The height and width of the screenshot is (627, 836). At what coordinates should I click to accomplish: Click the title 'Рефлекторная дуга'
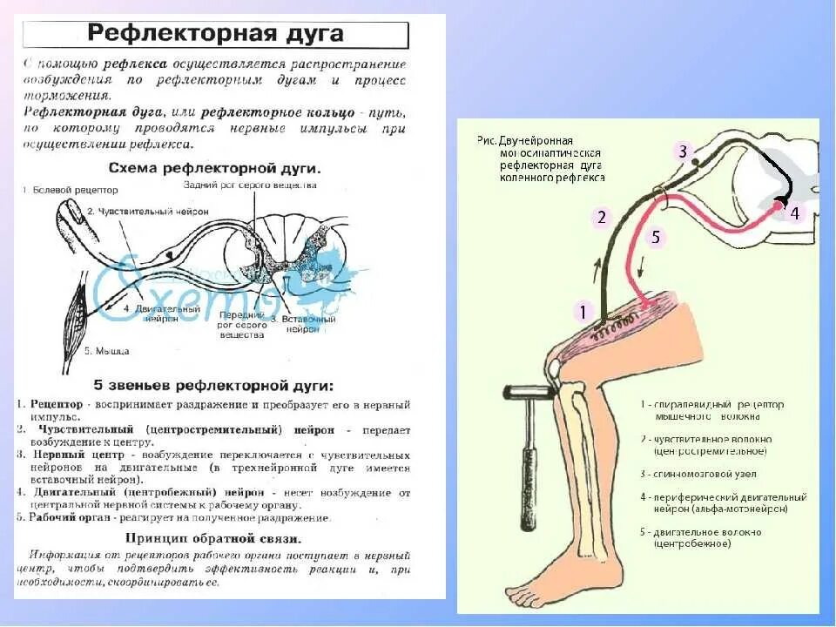tap(215, 35)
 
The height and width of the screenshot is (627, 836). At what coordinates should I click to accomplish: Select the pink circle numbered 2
tap(600, 218)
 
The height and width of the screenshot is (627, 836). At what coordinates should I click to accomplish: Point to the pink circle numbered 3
tap(684, 152)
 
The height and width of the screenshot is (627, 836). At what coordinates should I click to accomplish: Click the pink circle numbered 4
tap(794, 213)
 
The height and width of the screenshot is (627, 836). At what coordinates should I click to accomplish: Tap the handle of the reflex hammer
tap(528, 453)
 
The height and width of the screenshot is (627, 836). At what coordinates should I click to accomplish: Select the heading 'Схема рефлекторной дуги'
tap(214, 166)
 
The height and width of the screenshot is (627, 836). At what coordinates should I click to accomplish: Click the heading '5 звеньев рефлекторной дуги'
tap(213, 384)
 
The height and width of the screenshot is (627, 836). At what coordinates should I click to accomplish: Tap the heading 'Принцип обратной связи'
tap(213, 537)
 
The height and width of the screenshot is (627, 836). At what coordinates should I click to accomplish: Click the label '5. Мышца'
tap(107, 351)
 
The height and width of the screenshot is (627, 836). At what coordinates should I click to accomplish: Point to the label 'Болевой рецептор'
tap(59, 189)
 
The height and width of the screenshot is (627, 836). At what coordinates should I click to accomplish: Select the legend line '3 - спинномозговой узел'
tap(698, 474)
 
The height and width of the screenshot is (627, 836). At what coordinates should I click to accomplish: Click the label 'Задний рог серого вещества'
tap(250, 185)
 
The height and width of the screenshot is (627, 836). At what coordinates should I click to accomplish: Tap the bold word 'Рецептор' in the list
tap(57, 405)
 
